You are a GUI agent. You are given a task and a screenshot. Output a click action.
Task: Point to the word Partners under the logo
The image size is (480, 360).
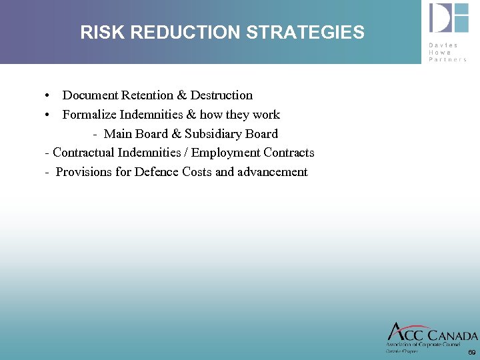tap(449, 59)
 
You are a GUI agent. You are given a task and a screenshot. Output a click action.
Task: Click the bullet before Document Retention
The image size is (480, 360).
tap(49, 95)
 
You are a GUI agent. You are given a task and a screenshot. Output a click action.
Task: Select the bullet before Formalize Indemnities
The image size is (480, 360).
tap(49, 115)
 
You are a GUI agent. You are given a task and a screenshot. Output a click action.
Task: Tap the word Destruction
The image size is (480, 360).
tap(221, 95)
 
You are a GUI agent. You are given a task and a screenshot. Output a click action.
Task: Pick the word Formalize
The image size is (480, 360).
tap(89, 115)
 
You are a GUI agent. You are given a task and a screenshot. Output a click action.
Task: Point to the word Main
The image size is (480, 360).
tap(118, 134)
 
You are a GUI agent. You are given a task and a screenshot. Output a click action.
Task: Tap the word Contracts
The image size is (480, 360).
tap(289, 153)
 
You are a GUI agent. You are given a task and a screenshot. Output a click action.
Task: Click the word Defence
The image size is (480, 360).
tap(155, 172)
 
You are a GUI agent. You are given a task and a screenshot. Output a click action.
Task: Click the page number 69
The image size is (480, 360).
tap(471, 352)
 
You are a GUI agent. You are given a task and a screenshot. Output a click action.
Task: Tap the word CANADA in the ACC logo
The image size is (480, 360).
tap(451, 335)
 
